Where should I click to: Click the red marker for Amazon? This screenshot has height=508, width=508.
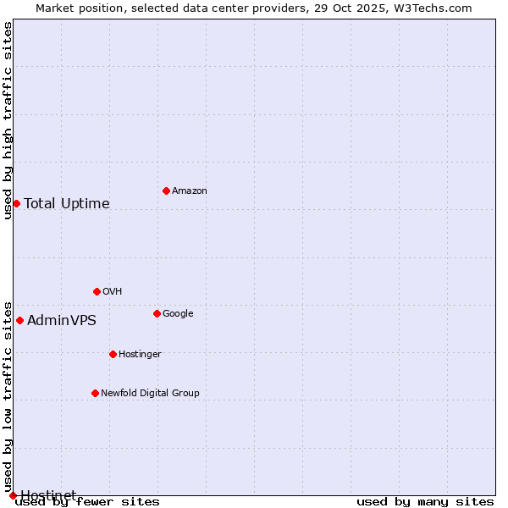(166, 190)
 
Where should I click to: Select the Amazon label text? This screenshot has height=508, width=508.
(190, 191)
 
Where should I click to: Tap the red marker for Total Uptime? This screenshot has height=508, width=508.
(16, 203)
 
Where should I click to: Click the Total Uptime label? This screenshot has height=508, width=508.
(67, 203)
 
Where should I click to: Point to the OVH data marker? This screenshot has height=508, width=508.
(97, 291)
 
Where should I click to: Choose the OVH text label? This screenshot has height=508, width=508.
(113, 292)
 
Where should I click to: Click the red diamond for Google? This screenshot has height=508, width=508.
(157, 313)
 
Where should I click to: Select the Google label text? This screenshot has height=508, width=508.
(178, 314)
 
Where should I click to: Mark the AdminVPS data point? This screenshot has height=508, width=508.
(19, 320)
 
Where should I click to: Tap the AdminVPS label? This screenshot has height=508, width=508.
(62, 320)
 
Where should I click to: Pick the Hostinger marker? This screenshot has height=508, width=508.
(113, 354)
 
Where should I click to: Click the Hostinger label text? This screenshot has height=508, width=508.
(140, 355)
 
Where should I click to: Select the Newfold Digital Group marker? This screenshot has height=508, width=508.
(95, 393)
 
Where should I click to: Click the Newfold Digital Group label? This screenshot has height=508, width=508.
(150, 394)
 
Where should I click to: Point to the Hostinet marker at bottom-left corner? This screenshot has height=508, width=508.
(13, 495)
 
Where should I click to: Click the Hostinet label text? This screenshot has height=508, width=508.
(48, 494)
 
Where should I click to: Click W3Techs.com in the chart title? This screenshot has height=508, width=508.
(437, 8)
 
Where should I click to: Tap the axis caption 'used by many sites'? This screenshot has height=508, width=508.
(425, 501)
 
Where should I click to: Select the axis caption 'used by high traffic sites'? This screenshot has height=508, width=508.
(8, 120)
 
